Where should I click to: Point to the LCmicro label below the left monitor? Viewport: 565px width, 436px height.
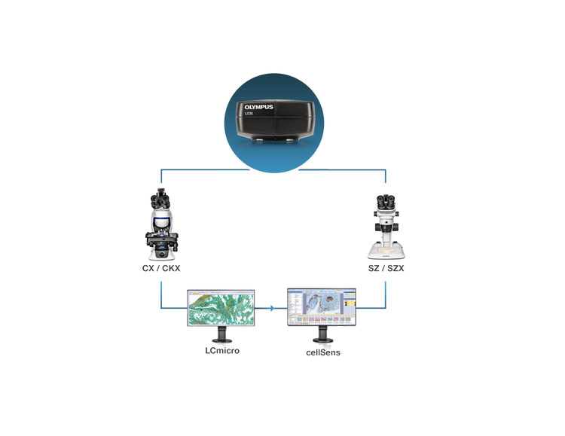(x=223, y=352)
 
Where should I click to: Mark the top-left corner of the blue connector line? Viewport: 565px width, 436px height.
(x=163, y=170)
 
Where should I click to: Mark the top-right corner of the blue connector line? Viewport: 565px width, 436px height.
(x=386, y=170)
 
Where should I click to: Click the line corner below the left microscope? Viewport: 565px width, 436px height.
(x=163, y=308)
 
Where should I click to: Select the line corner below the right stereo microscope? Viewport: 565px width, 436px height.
(x=386, y=308)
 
